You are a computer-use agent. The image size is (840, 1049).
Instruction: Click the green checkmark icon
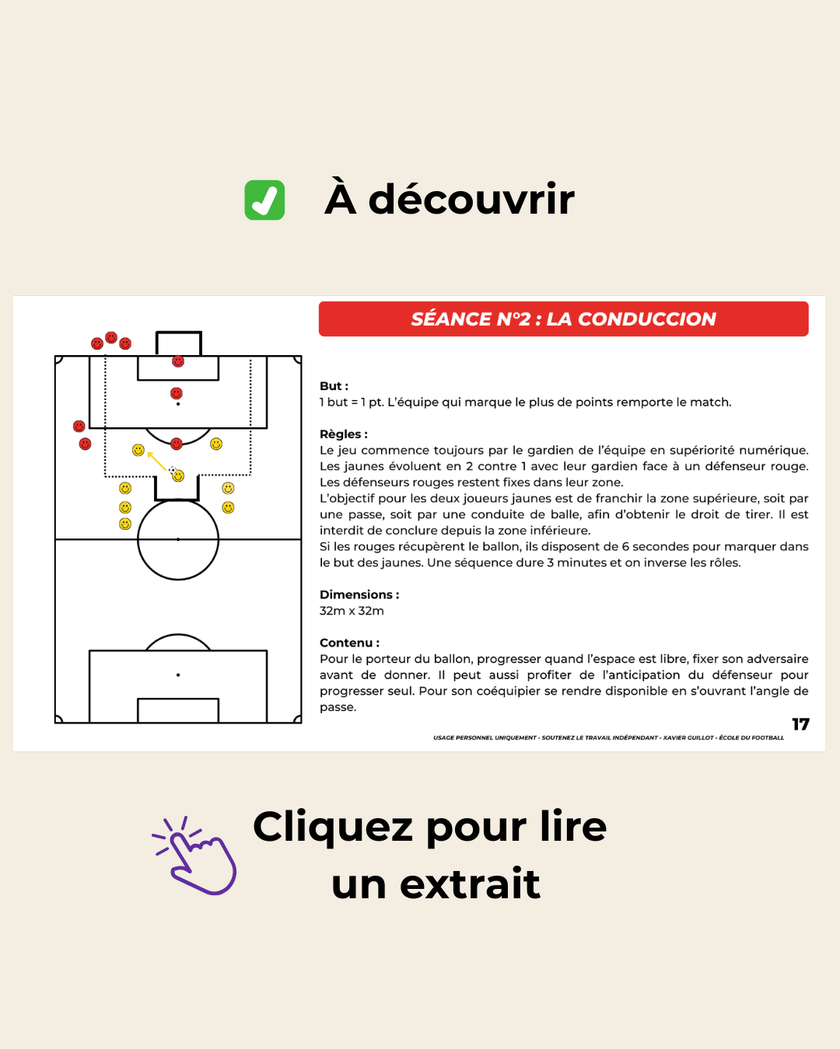coord(264,200)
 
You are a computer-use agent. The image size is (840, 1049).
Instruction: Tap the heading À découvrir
coord(450,199)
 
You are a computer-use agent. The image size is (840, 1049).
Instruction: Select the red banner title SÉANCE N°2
coord(563,319)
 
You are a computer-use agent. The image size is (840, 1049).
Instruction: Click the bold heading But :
coord(334,386)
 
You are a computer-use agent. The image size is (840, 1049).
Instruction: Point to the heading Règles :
coord(343,434)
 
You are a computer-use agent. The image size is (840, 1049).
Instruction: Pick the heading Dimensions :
coord(359,595)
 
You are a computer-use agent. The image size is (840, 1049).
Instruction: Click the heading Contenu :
coord(349,643)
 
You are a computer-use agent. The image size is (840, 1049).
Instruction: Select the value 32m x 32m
coord(352,612)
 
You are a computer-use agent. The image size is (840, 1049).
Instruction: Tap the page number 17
coord(800,725)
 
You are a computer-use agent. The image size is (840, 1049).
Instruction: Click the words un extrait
coord(436,884)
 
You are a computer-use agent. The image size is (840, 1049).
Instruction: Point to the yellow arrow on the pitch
coord(156,461)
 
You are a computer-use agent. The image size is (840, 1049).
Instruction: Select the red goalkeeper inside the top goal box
coord(178,361)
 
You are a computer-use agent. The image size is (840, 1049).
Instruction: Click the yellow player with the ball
coord(178,476)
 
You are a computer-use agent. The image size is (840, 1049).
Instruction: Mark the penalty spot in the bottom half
coord(178,675)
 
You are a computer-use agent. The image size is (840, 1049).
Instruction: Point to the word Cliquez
coord(333,827)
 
